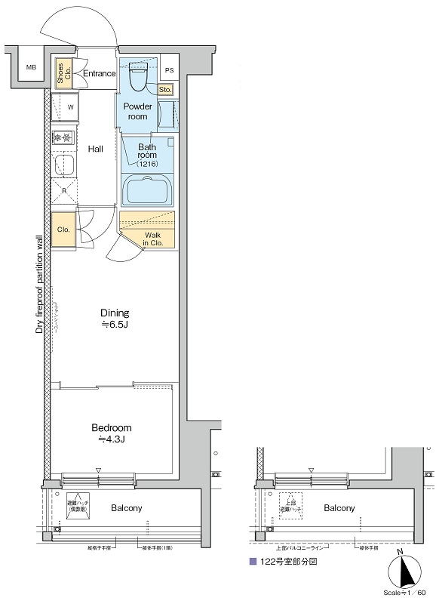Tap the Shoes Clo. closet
point(63,72)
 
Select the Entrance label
point(99,73)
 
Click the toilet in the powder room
point(138,75)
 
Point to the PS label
point(169,70)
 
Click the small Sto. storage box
point(166,90)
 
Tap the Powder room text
point(137,111)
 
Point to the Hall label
point(95,149)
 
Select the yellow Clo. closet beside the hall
point(63,229)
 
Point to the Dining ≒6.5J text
point(115,318)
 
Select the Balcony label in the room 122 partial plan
point(339,508)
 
